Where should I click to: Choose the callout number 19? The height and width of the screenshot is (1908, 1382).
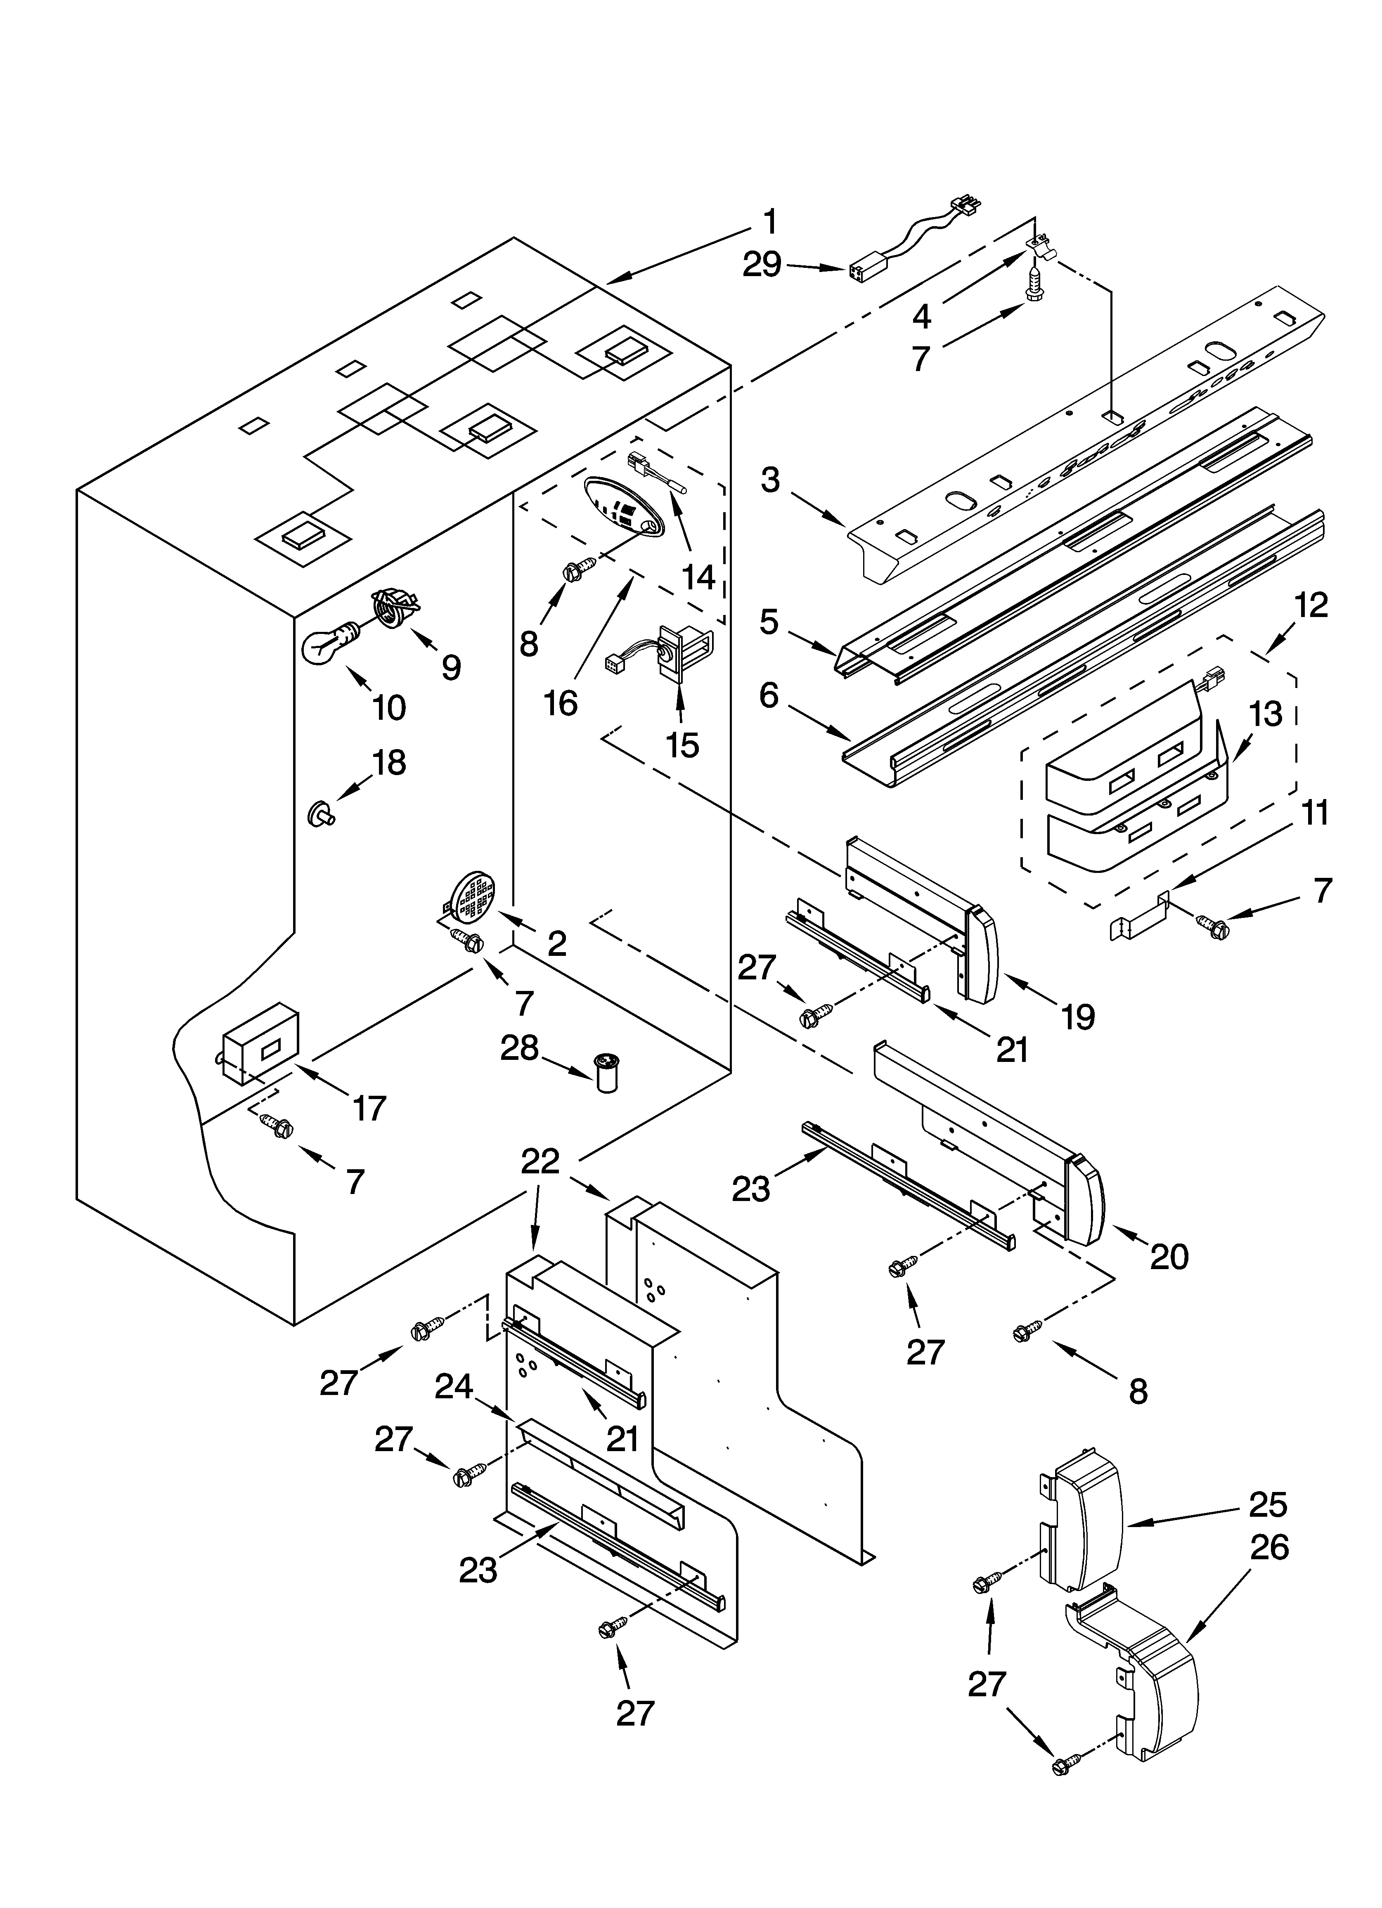coord(1078,1016)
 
